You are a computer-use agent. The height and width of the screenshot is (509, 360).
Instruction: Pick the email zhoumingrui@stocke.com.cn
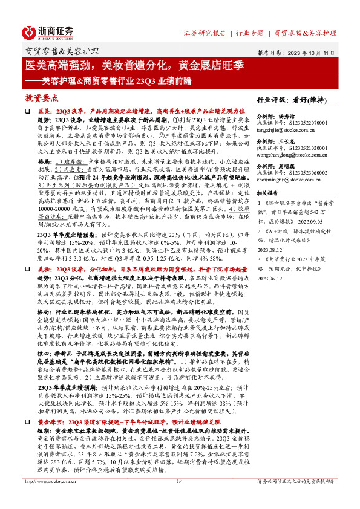pyautogui.click(x=289, y=178)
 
